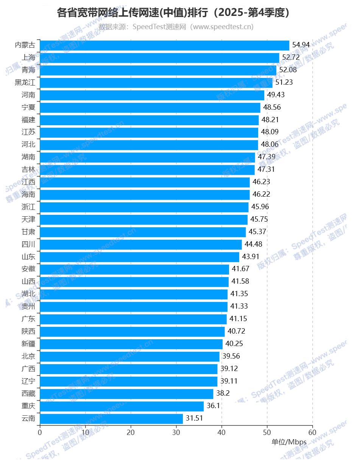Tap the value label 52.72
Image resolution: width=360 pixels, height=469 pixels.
[291, 57]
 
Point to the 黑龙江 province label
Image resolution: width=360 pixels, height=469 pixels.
[25, 82]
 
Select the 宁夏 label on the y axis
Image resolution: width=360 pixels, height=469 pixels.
[28, 107]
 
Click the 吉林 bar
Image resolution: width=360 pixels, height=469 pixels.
[147, 170]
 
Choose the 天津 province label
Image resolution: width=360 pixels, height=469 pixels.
[28, 219]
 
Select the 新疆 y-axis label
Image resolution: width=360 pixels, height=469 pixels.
[28, 344]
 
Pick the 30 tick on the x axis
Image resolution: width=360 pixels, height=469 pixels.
[176, 432]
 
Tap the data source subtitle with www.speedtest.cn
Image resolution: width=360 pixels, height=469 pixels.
[176, 27]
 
